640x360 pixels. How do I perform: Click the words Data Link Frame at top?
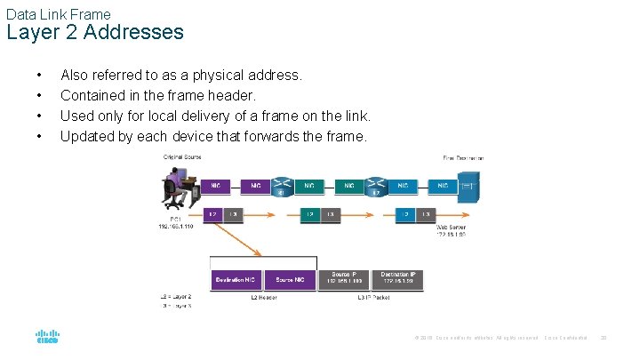pyautogui.click(x=58, y=14)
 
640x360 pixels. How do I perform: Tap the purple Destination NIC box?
pyautogui.click(x=236, y=279)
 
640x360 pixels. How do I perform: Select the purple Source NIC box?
pyautogui.click(x=290, y=279)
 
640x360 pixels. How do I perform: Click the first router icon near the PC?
pyautogui.click(x=283, y=187)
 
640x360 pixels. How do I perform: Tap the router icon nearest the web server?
pyautogui.click(x=377, y=187)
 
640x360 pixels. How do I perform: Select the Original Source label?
pyautogui.click(x=182, y=157)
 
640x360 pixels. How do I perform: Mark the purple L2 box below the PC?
pyautogui.click(x=212, y=214)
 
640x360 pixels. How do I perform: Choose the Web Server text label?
pyautogui.click(x=450, y=228)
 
